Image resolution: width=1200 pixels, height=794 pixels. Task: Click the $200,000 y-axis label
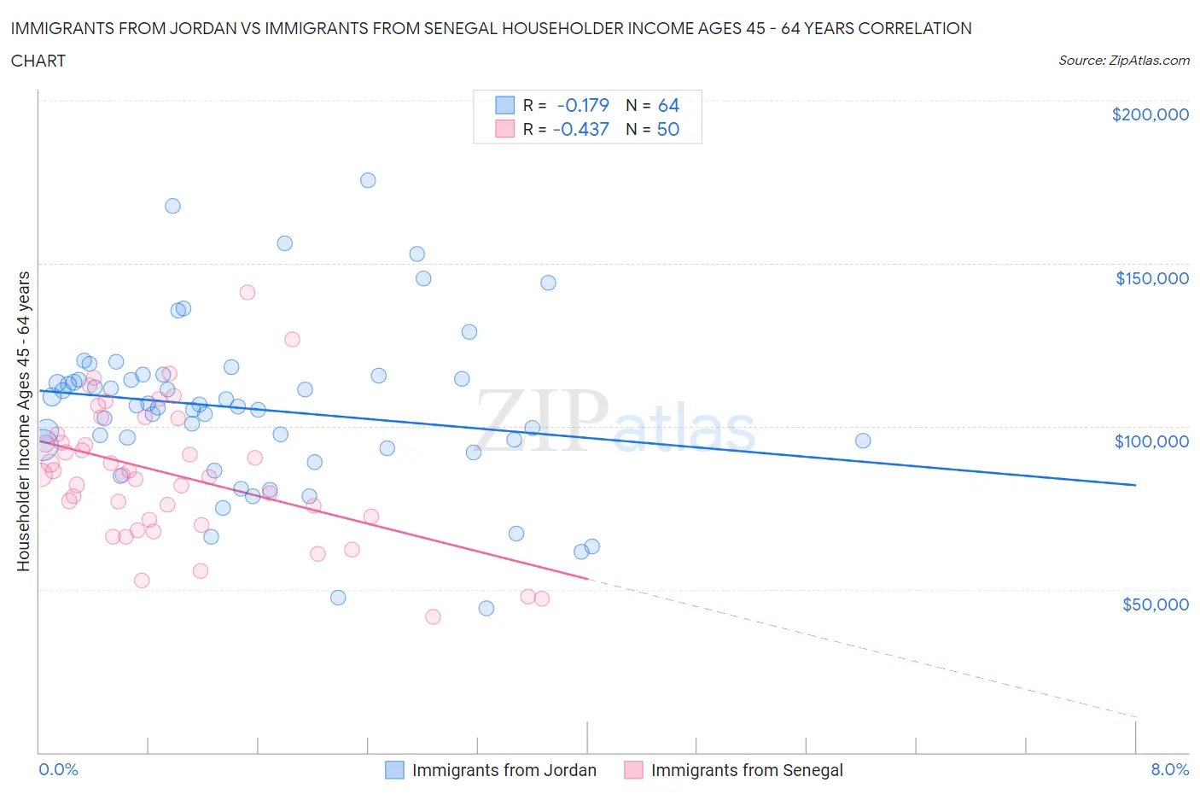1150,114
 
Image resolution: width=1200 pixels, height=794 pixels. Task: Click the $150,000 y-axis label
1151,278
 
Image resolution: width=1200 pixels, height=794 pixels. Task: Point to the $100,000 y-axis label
1151,441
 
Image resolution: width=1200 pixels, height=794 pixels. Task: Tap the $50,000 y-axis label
1155,604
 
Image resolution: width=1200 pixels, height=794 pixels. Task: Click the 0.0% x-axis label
58,769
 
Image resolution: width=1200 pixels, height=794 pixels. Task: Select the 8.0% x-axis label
1169,769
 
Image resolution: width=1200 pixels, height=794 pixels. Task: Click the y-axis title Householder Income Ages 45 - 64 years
24,421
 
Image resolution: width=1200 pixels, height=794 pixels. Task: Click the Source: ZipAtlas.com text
1123,61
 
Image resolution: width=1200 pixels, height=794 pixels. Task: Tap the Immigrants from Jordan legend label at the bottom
504,770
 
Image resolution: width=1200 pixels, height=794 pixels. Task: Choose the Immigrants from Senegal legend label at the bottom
746,770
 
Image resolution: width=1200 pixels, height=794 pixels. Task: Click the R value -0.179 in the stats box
583,105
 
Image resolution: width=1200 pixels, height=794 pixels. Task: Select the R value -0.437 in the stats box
581,129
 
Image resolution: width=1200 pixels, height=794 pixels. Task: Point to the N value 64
668,105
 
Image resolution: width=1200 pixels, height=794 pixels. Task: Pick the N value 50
668,129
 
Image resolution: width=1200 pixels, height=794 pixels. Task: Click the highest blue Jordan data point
368,180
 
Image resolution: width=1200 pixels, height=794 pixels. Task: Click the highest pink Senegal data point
248,292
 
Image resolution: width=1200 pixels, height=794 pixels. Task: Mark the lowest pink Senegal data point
433,616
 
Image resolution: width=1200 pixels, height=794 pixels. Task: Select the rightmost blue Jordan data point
863,441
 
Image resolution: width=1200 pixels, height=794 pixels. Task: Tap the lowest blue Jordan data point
486,609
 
